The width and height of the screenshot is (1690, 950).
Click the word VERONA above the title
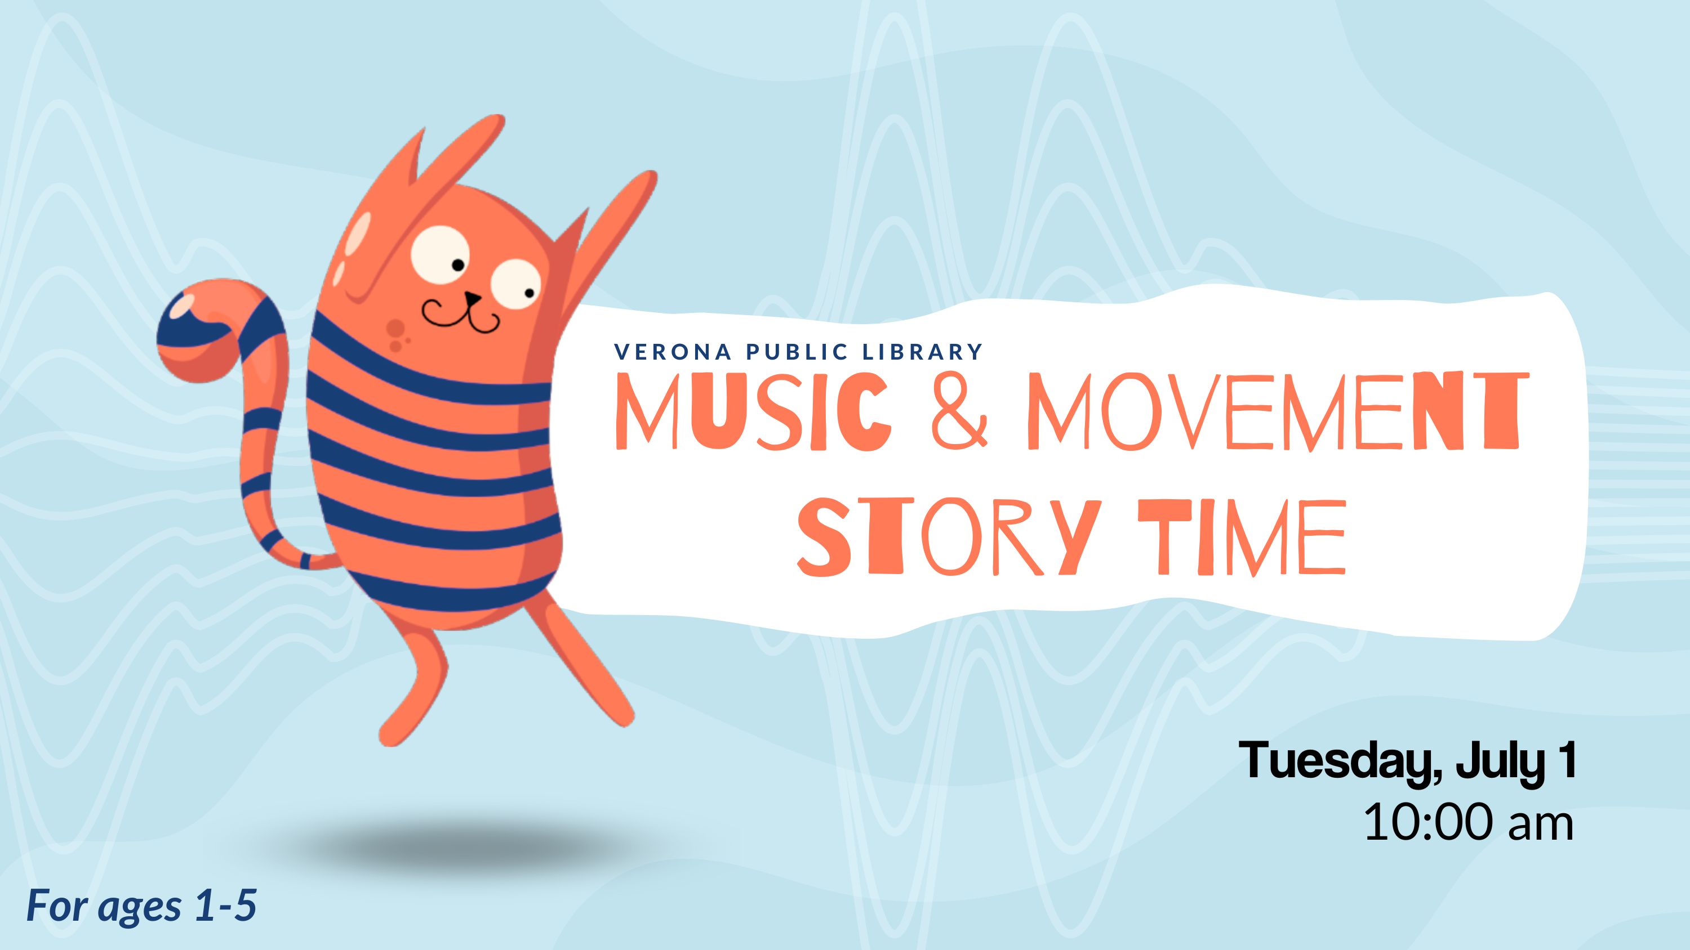[673, 352]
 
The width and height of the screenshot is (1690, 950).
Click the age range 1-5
[225, 906]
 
